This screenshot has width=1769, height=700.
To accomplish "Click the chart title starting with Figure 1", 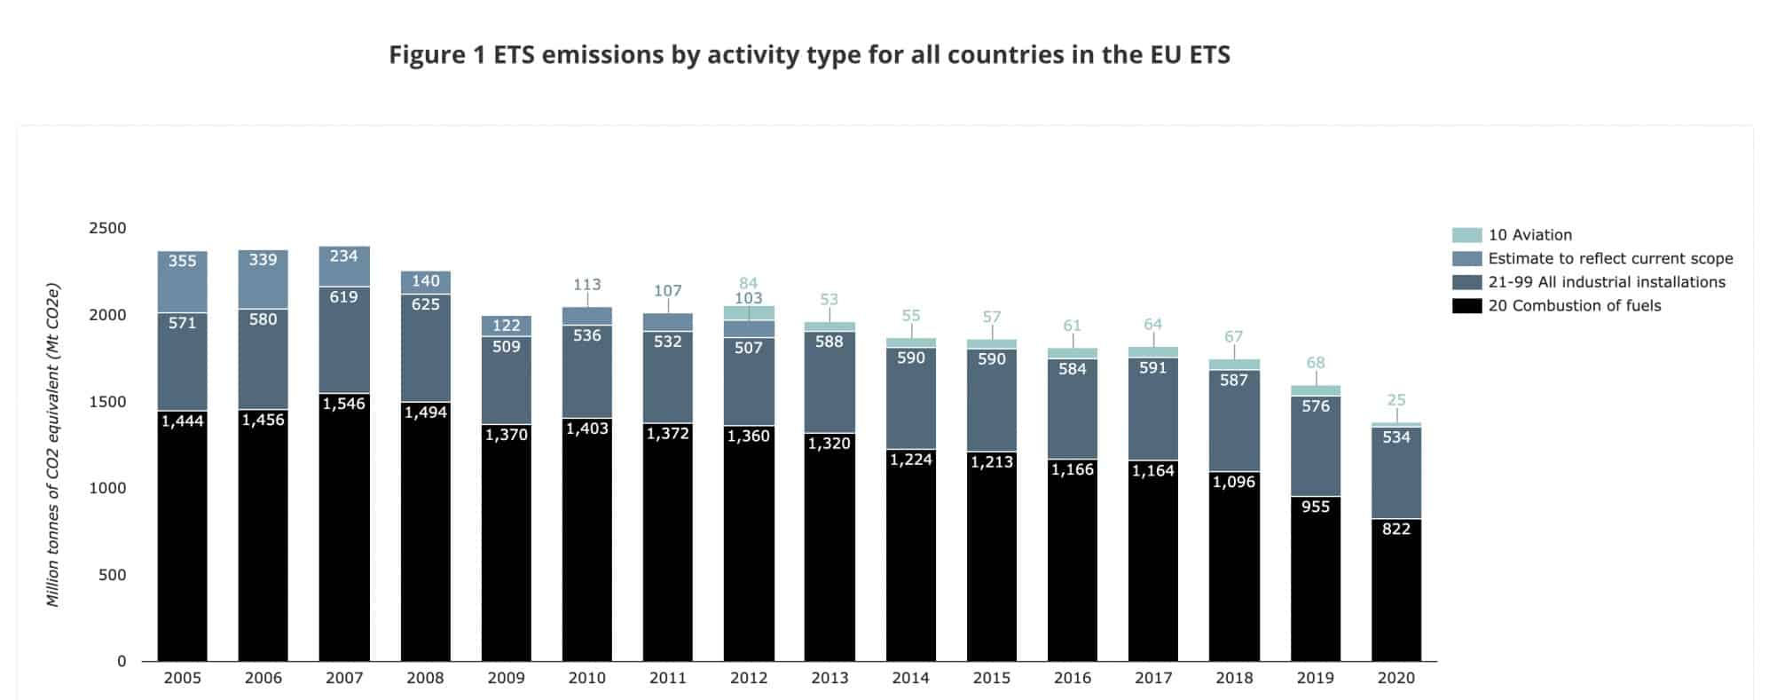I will click(x=809, y=55).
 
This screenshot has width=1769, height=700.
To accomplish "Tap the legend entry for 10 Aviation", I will click(x=1529, y=235).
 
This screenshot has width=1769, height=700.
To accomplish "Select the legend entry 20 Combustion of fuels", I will click(x=1574, y=306).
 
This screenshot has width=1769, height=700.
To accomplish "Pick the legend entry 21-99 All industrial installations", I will click(x=1606, y=282).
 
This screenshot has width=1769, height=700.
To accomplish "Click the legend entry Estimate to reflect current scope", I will click(x=1609, y=259).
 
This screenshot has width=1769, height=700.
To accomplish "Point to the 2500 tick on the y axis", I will click(x=107, y=228).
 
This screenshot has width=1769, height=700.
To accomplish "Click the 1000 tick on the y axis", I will click(x=107, y=488).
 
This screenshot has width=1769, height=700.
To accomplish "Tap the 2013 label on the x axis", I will click(x=829, y=679).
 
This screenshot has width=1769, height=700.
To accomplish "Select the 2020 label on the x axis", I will click(x=1396, y=679).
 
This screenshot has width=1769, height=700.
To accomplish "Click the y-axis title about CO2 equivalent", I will click(x=53, y=445).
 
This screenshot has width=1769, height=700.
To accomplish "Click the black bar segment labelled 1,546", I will click(x=344, y=532).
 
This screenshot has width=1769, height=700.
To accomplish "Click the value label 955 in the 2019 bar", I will click(x=1315, y=507).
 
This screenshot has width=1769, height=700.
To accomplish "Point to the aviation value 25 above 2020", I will click(x=1396, y=400).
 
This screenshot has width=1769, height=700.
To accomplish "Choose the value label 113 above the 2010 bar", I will click(x=586, y=285).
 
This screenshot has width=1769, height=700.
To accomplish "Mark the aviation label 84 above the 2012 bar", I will click(x=748, y=284).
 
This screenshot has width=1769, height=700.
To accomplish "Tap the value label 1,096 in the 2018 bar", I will click(x=1234, y=483).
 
